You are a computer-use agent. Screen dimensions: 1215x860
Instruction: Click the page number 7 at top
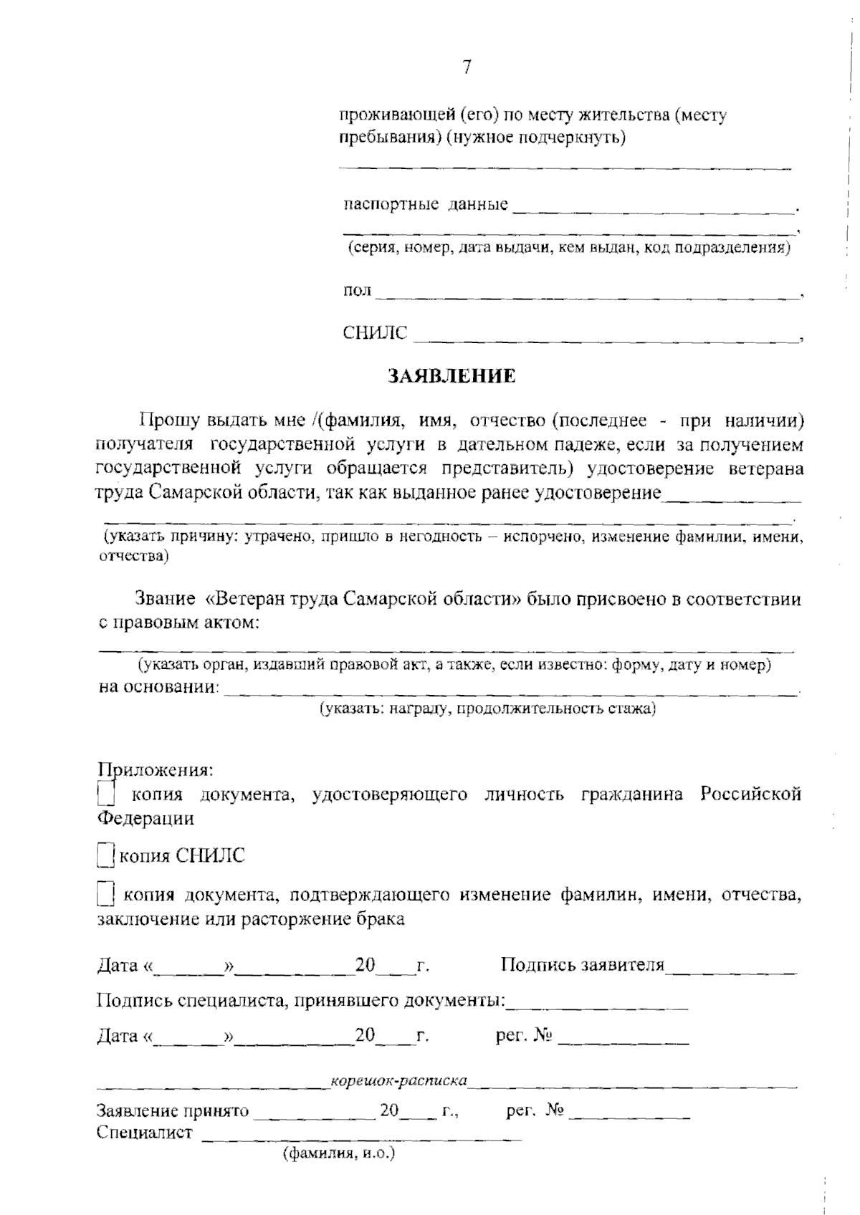click(x=467, y=67)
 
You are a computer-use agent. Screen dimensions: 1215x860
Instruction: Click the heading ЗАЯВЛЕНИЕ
click(x=451, y=376)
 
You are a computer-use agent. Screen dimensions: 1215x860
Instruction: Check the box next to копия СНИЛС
click(x=105, y=856)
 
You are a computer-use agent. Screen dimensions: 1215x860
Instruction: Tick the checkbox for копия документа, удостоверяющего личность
click(x=105, y=794)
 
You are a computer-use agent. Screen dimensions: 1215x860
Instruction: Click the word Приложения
click(x=155, y=771)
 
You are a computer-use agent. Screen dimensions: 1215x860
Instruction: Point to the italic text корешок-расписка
click(x=399, y=1080)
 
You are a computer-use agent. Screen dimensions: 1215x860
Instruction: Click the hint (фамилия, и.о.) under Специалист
click(x=340, y=1154)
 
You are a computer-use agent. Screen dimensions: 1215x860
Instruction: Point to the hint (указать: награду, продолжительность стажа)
click(x=487, y=709)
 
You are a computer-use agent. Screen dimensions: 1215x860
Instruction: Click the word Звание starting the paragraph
click(x=165, y=599)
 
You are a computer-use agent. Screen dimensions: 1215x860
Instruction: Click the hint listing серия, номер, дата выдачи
click(x=569, y=249)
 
